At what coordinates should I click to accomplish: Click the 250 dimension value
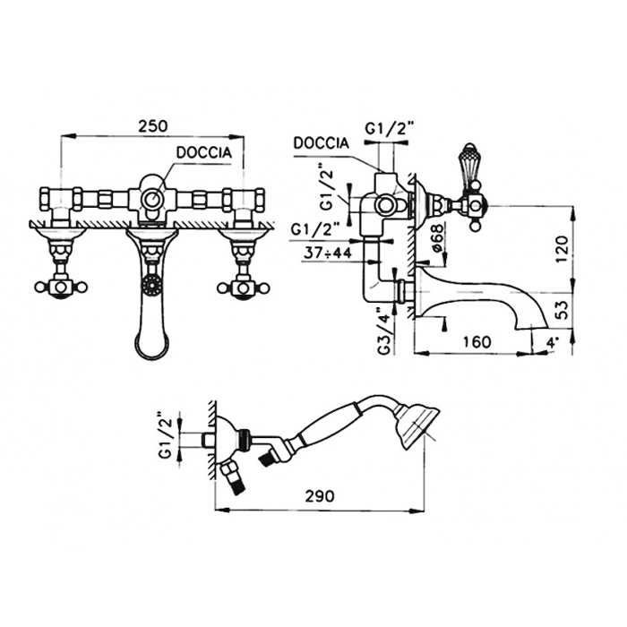[153, 126]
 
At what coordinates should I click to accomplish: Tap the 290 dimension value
[320, 496]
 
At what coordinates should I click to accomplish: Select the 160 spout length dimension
[477, 342]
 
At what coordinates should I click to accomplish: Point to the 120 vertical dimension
[562, 249]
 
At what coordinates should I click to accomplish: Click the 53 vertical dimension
[562, 309]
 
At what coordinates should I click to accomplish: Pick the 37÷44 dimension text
[328, 253]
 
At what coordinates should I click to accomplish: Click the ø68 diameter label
[437, 238]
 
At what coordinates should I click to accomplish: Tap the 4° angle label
[552, 342]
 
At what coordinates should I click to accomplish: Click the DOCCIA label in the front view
[204, 153]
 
